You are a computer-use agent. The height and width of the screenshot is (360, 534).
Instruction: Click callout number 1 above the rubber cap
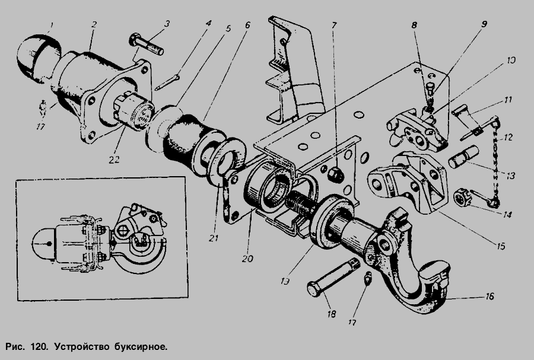point(52,25)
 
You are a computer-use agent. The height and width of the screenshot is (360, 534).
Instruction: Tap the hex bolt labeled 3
point(146,44)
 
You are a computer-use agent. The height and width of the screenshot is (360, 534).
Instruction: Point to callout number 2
point(94,24)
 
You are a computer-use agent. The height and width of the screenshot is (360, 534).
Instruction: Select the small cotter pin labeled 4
point(167,82)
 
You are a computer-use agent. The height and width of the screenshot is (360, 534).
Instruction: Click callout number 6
point(247,25)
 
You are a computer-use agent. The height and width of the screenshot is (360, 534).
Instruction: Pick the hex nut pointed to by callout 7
point(335,175)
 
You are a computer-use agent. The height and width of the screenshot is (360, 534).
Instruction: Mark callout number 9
point(484,24)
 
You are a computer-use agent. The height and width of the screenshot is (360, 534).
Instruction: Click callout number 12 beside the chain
point(508,138)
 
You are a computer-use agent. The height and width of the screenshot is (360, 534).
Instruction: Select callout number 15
point(501,246)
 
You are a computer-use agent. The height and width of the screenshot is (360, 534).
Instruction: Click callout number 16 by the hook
point(490,297)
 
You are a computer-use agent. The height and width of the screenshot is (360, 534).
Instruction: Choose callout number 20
point(247,259)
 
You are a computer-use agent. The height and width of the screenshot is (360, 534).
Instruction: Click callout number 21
point(214,238)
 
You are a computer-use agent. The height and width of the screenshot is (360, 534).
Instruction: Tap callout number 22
point(114,160)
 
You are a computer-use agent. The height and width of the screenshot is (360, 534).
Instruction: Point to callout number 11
point(508,100)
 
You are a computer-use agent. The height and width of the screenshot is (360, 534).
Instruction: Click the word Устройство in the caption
point(82,347)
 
